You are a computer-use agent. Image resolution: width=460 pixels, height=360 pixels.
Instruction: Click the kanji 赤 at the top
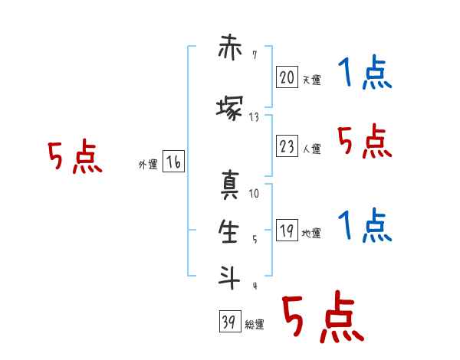[230, 47]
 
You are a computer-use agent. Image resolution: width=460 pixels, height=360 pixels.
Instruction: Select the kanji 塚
[230, 108]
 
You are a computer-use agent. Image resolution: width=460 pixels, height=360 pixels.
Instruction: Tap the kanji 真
[230, 185]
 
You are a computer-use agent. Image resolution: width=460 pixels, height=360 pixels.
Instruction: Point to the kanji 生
[228, 231]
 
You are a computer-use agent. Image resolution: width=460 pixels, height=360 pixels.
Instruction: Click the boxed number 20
[287, 77]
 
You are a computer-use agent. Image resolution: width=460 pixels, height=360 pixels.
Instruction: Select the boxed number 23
[287, 146]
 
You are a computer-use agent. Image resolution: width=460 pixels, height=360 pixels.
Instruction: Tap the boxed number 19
[287, 230]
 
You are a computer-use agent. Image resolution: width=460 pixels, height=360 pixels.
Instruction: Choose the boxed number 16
[173, 162]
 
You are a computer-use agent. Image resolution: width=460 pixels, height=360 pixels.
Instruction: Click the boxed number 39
[230, 321]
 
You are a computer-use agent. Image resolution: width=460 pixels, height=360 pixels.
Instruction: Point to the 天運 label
[311, 80]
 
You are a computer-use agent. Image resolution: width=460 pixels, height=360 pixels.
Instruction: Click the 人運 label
[311, 149]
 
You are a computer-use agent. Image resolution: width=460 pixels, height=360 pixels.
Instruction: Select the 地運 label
[311, 234]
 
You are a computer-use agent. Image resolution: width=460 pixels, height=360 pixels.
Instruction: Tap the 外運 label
[148, 165]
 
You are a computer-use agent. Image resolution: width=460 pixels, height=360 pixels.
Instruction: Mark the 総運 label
[255, 325]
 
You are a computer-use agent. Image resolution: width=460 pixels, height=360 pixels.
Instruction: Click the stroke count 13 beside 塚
[254, 117]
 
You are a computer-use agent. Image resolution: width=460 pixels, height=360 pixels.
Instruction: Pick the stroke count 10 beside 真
[254, 194]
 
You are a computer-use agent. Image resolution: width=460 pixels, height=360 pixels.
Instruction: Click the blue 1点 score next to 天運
[365, 72]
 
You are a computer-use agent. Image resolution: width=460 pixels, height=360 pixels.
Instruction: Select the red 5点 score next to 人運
[364, 141]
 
